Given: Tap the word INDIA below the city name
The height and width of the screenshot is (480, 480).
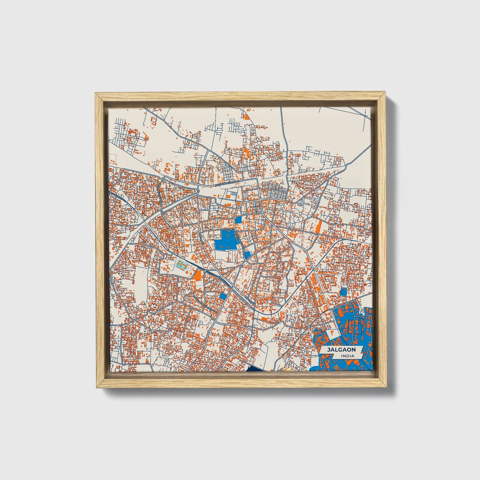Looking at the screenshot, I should [x=347, y=356].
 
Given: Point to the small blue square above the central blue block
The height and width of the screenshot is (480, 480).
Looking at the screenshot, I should [x=239, y=220].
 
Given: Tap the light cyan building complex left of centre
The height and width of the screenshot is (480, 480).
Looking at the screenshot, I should [x=181, y=265].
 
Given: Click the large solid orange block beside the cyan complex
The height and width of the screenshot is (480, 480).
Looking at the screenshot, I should [x=198, y=275].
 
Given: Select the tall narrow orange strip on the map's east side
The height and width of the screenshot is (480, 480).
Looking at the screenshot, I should [x=318, y=227].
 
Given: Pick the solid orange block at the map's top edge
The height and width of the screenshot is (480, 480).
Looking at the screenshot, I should [x=246, y=116].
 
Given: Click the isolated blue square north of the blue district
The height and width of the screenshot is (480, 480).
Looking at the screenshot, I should [x=343, y=292].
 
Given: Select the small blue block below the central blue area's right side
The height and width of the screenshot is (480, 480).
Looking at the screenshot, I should [x=248, y=255].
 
